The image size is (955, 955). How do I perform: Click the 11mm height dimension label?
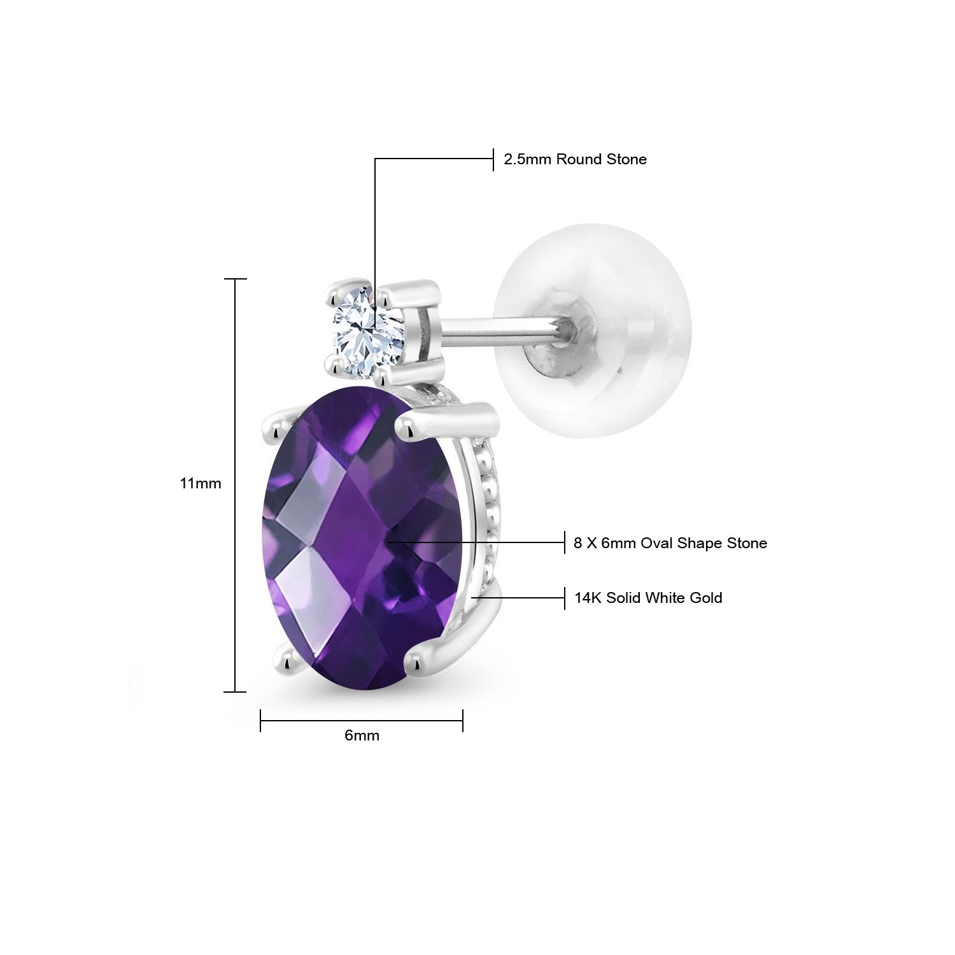200,483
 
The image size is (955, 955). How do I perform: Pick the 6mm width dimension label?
362,735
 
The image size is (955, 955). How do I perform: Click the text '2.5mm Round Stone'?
575,159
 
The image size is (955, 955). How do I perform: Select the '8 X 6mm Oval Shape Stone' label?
670,543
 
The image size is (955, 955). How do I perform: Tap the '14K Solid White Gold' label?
648,598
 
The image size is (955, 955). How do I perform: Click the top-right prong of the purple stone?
420,423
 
